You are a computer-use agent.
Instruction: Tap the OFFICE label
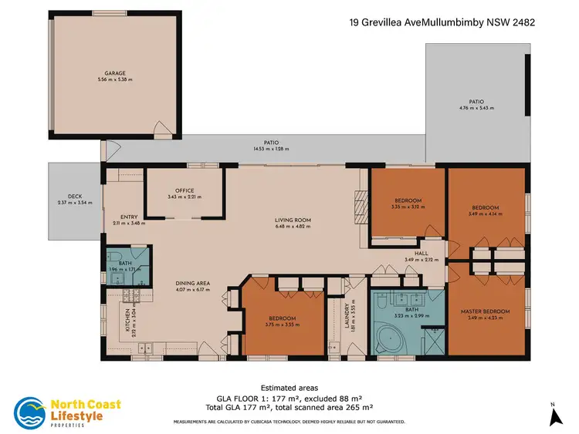pos(185,190)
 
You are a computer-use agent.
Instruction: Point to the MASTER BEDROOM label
pos(486,311)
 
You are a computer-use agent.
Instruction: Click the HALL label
pos(421,253)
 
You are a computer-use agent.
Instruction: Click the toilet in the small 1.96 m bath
pos(113,257)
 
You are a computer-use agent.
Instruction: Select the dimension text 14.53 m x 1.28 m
pos(266,148)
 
